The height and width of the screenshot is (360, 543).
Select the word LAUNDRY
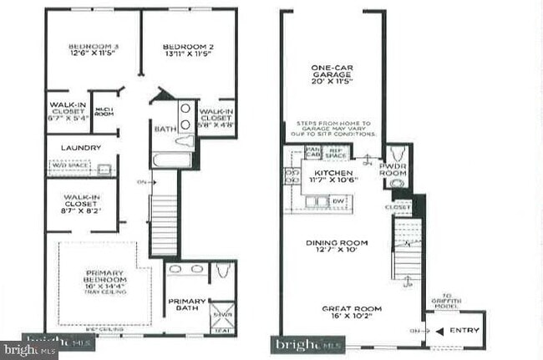point(81,148)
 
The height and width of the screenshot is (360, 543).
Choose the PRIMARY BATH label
point(185,306)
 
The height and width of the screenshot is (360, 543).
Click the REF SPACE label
point(335,154)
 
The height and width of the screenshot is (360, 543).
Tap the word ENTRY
point(464,331)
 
